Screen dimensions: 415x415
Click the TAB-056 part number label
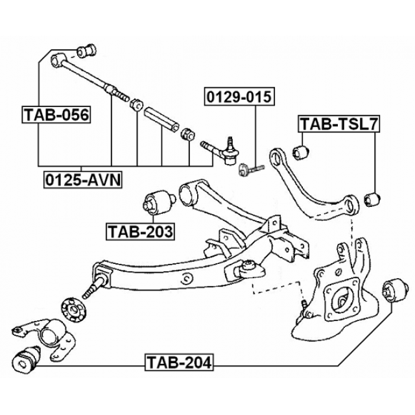56,115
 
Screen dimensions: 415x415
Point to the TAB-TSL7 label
337,123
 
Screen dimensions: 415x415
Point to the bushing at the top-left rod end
86,49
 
